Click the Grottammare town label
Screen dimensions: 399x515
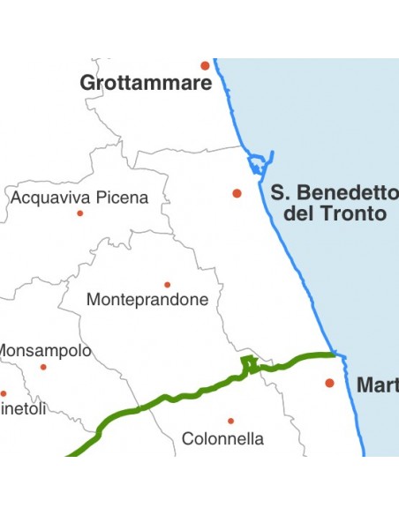(146, 84)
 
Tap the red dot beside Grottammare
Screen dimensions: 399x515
(205, 65)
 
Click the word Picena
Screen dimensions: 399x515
(122, 198)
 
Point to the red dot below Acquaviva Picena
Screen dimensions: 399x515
(79, 213)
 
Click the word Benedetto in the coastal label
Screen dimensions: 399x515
(348, 192)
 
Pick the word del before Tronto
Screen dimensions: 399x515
(300, 213)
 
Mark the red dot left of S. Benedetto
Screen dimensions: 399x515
(237, 193)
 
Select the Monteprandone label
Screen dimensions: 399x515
(147, 300)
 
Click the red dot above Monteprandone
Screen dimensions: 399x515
(167, 285)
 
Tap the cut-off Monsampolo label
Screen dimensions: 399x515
(44, 351)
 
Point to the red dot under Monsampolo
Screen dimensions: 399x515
(42, 367)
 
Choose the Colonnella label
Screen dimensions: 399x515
(222, 438)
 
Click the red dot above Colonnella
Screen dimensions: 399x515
(230, 421)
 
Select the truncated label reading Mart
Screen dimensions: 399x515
(377, 385)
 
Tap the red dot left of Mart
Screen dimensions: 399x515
(329, 383)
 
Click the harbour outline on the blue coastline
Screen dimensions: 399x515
(258, 164)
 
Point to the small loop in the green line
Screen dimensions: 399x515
(249, 362)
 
